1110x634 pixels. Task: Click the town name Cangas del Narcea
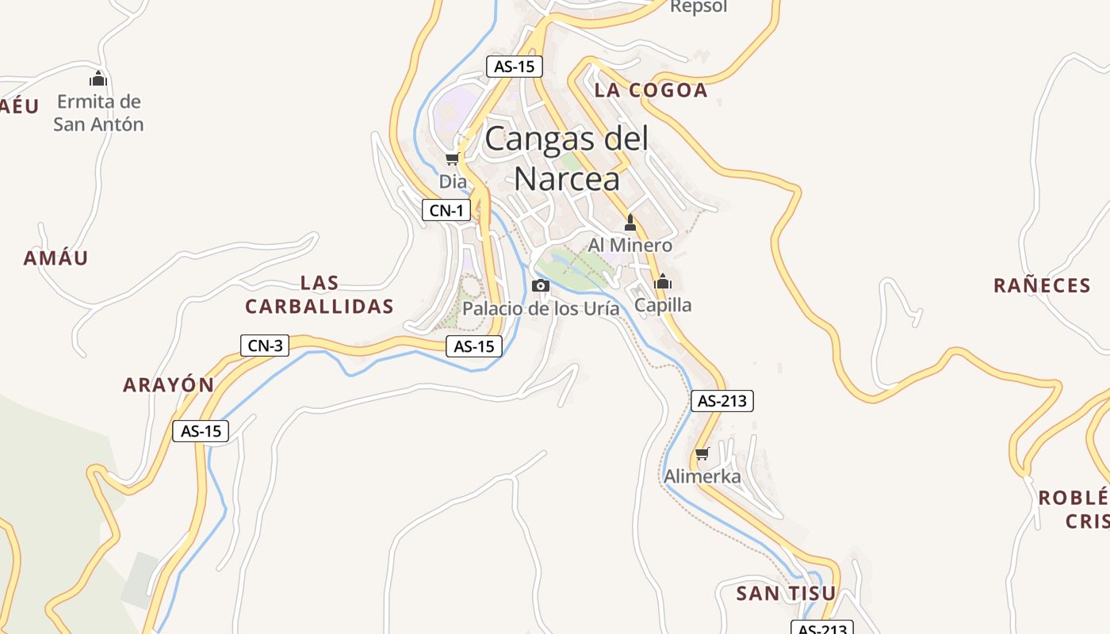click(566, 158)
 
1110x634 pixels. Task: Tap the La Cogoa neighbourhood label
click(650, 90)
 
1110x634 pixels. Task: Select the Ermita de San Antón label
click(98, 113)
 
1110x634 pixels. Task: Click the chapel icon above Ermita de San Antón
click(98, 78)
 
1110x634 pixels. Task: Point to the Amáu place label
click(55, 258)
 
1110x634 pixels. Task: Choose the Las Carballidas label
click(320, 295)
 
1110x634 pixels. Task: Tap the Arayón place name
click(168, 385)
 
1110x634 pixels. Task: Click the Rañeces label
click(1042, 286)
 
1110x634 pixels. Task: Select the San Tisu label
click(786, 594)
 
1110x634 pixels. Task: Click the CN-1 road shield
click(446, 210)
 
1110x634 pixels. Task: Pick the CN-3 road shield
click(264, 346)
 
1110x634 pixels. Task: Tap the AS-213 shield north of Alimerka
click(721, 401)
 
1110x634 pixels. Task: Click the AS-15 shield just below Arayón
click(201, 431)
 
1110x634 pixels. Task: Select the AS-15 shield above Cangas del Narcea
click(514, 67)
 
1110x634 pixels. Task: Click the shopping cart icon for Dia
click(453, 158)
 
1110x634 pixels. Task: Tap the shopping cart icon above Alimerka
click(702, 454)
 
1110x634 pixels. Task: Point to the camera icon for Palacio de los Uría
click(541, 285)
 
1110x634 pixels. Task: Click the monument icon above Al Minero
click(630, 222)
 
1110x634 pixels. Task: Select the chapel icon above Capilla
click(663, 281)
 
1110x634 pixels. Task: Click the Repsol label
click(699, 7)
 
